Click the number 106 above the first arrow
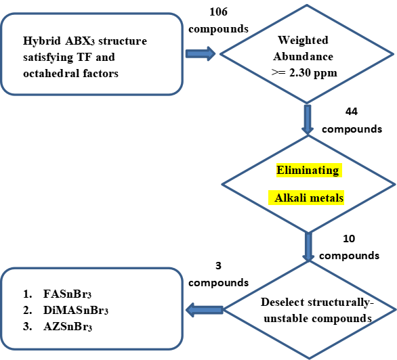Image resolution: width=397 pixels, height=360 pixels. click(x=218, y=12)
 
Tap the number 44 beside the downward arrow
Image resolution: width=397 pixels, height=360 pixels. click(x=352, y=112)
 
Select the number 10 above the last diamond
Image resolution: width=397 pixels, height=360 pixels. click(x=349, y=239)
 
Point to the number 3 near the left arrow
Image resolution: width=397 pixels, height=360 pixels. click(x=218, y=266)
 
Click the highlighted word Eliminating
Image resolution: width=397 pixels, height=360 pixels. click(x=308, y=171)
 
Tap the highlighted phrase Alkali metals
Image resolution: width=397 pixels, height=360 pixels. click(x=309, y=198)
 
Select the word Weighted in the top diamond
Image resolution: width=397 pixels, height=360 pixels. click(x=303, y=40)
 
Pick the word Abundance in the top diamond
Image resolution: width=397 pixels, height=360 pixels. click(x=303, y=57)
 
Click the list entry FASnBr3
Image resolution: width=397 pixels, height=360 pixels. click(x=67, y=294)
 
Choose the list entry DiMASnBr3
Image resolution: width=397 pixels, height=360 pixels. click(x=76, y=311)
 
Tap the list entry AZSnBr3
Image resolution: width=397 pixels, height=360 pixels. click(x=68, y=327)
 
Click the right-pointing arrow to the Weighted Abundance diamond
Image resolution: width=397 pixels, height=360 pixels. click(x=201, y=53)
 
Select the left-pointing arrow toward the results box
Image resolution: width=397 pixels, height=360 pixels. click(x=205, y=310)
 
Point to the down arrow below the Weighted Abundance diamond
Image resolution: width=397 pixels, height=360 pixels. click(x=308, y=120)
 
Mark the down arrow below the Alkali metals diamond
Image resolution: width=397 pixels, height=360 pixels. click(x=308, y=247)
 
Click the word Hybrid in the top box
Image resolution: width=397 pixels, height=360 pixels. click(x=42, y=41)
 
